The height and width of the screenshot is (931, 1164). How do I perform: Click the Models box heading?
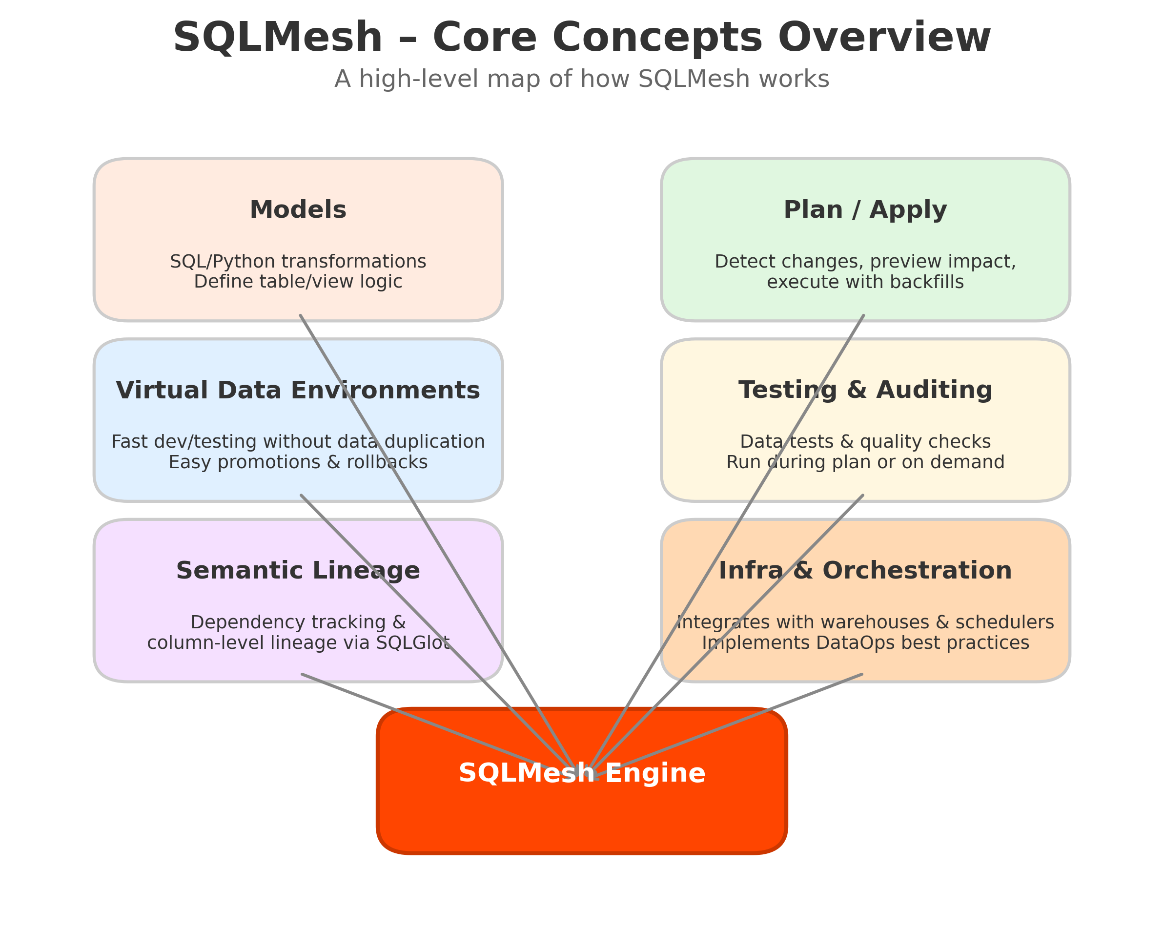pyautogui.click(x=298, y=209)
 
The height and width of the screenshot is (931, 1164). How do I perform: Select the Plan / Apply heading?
pyautogui.click(x=865, y=209)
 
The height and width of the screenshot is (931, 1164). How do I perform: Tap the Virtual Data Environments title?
pyautogui.click(x=298, y=390)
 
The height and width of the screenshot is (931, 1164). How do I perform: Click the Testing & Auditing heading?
pyautogui.click(x=865, y=390)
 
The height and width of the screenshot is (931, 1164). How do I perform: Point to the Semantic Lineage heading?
pyautogui.click(x=298, y=571)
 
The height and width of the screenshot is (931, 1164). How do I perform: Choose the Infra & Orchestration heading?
pyautogui.click(x=865, y=571)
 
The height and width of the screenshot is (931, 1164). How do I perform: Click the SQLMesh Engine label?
pyautogui.click(x=582, y=773)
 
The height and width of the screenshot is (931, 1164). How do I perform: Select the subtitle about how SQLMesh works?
pyautogui.click(x=581, y=80)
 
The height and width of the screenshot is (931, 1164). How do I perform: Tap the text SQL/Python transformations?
pyautogui.click(x=298, y=261)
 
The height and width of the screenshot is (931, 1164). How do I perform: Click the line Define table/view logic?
pyautogui.click(x=298, y=282)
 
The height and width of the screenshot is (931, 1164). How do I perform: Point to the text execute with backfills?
pyautogui.click(x=865, y=282)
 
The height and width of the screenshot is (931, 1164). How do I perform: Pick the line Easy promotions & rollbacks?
pyautogui.click(x=298, y=462)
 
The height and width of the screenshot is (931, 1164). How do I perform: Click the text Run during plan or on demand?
pyautogui.click(x=865, y=462)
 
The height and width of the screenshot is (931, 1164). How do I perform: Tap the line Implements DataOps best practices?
pyautogui.click(x=865, y=642)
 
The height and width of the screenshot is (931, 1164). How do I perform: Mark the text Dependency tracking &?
pyautogui.click(x=298, y=622)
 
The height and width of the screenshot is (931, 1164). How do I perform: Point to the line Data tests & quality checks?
pyautogui.click(x=865, y=442)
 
